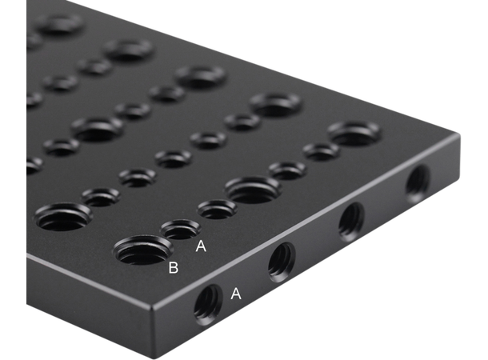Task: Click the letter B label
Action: pos(174,267)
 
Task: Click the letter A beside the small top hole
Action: pos(201,246)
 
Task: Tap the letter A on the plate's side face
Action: pos(236,294)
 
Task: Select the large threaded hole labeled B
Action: pos(143,250)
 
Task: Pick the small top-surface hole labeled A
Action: pos(181,230)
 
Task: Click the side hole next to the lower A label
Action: pos(208,306)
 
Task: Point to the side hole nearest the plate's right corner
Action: pos(418,183)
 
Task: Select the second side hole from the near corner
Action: pos(282,262)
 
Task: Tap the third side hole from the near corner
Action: pos(352,222)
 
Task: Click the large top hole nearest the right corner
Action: pos(354,134)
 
